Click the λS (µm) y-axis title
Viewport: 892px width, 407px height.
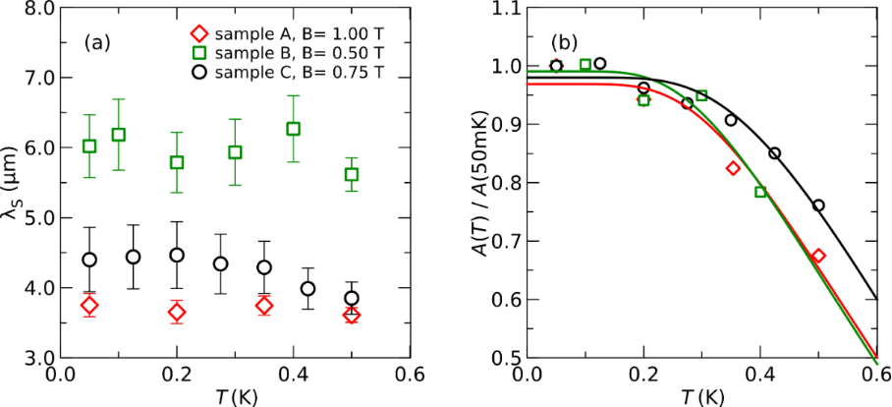pos(11,184)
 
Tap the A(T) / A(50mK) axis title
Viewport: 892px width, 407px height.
pos(478,184)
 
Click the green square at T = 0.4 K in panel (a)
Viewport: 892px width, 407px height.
pos(293,129)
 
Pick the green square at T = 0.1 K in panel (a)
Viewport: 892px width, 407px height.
pos(119,135)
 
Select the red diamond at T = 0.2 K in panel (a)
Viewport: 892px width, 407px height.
pos(177,313)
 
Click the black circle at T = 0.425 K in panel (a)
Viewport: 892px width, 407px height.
pos(307,289)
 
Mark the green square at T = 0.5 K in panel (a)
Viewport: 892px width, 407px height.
pos(351,175)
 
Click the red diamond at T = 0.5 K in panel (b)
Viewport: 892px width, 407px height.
pos(818,256)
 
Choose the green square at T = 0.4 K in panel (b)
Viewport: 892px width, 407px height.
pos(760,192)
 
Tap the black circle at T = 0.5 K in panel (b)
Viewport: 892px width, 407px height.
pos(818,205)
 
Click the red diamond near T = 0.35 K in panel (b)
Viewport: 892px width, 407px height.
pos(732,168)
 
